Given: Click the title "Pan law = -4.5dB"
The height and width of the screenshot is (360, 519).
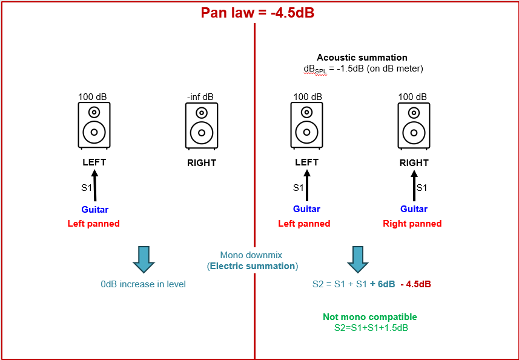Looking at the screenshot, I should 257,12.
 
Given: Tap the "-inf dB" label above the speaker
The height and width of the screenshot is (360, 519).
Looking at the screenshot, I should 200,97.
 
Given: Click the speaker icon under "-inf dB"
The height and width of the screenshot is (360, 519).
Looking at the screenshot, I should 201,125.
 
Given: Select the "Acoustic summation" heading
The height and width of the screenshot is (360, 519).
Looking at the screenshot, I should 362,58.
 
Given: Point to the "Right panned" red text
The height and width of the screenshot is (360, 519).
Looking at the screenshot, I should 412,224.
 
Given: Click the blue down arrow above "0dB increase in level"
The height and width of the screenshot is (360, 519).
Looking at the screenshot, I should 144,259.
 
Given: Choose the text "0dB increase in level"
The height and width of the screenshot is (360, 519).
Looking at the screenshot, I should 144,284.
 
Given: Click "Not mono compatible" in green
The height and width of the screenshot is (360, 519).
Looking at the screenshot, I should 369,317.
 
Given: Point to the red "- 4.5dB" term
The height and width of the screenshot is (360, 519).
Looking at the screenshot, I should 415,284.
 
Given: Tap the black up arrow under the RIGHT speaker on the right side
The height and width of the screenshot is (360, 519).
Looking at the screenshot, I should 414,185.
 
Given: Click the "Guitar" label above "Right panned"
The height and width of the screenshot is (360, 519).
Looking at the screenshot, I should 414,209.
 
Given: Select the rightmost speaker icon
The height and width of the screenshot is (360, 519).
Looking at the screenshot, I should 414,125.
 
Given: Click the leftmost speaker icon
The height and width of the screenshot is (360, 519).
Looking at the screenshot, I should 94,125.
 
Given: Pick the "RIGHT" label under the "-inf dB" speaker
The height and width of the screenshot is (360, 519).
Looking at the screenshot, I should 201,163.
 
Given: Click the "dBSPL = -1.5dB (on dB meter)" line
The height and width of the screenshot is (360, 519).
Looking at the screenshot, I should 363,69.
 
